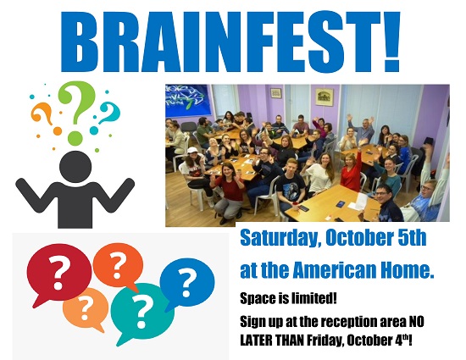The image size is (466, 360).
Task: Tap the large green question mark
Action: (x=76, y=111)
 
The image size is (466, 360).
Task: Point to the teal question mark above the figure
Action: (x=107, y=116)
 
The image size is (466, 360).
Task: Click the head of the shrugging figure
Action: (x=75, y=167)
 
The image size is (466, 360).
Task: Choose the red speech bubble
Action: (x=58, y=272)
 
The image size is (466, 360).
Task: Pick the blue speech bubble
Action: (x=186, y=283)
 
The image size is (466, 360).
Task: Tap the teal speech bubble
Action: (x=142, y=313)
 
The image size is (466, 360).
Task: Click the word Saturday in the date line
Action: (x=279, y=238)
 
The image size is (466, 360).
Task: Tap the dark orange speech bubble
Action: (x=118, y=266)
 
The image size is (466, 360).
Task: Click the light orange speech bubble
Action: (x=85, y=309)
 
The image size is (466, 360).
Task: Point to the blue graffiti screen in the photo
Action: (x=188, y=100)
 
